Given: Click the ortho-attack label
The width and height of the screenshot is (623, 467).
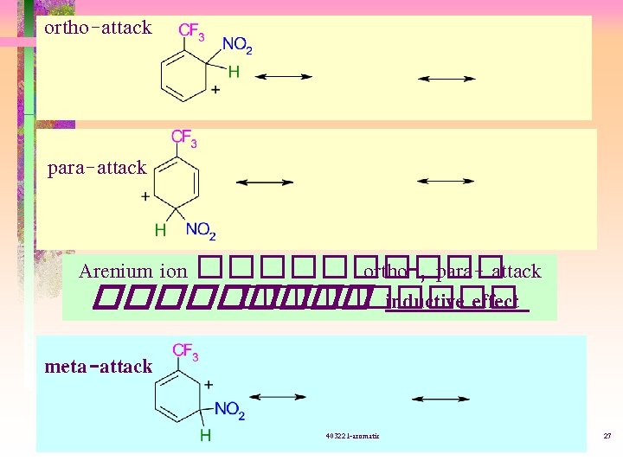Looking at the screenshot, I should coord(98,28).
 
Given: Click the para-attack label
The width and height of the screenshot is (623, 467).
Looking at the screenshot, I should coord(97,168).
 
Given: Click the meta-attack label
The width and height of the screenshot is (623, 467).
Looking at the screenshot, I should coord(98,367).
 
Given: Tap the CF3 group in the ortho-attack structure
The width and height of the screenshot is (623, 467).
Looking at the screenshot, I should coord(191,32).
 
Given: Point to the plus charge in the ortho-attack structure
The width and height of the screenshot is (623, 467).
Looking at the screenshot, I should coord(215,89).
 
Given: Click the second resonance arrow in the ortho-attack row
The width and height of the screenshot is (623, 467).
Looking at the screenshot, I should coord(446,79).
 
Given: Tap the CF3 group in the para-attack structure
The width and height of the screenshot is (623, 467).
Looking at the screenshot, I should coord(183,138).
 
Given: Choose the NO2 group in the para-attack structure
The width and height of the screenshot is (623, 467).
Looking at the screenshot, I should coord(201,231).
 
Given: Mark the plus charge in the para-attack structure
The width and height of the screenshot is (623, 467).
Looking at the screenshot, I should coord(145,196).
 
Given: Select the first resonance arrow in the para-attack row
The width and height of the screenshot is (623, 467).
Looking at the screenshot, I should coord(264,182).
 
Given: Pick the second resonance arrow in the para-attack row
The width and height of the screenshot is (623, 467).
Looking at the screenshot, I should coord(445,182).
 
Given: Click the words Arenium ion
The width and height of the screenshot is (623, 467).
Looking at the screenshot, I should coord(132,272).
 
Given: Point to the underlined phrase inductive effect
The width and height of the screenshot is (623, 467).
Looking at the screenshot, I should coord(452,301).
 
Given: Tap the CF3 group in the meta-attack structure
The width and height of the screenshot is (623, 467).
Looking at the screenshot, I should coord(185,351).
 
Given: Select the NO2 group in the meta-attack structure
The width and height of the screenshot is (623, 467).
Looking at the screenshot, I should coord(229,410).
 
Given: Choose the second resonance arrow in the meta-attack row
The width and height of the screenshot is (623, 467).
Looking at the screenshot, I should coord(440,399).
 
